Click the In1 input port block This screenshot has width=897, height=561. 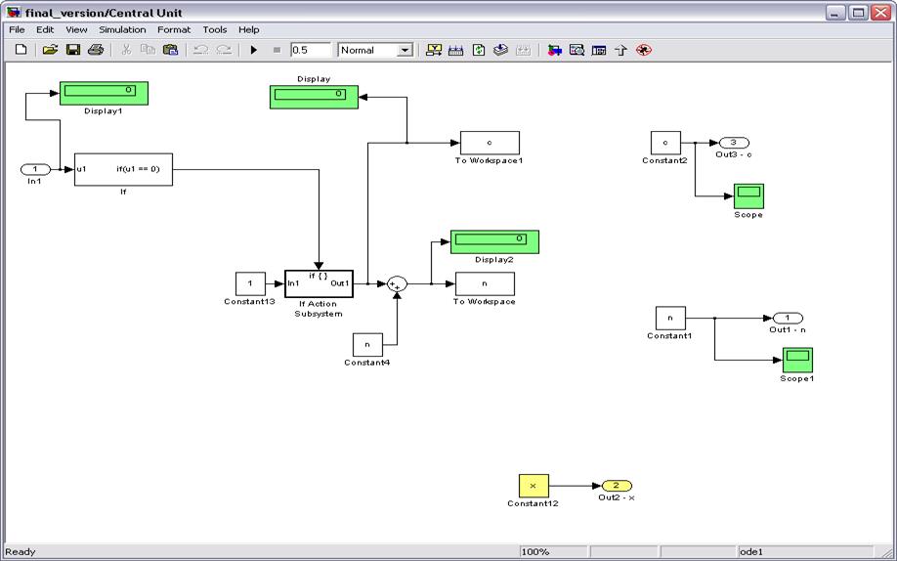pos(35,170)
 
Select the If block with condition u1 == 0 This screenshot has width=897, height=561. pos(123,169)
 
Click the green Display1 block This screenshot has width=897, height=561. pos(104,92)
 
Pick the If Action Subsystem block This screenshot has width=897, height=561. pos(319,283)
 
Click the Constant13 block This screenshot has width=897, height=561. pos(250,283)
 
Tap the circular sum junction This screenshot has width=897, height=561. pos(397,283)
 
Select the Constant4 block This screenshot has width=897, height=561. pos(367,344)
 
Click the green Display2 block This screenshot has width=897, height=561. pos(494,240)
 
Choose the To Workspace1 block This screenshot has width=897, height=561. pos(490,143)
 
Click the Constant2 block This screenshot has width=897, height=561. pos(665,143)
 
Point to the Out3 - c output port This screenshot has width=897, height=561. pos(734,143)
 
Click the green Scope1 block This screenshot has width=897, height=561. pos(797,360)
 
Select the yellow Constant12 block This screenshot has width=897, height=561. pos(533,486)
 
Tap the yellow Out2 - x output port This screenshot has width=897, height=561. pos(617,486)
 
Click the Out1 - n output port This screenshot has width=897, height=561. pos(788,318)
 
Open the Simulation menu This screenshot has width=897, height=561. pos(122,29)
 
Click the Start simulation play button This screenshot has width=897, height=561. pos(254,50)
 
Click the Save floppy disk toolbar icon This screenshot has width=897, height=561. pos(73,50)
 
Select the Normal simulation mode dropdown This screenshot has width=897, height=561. pos(376,50)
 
